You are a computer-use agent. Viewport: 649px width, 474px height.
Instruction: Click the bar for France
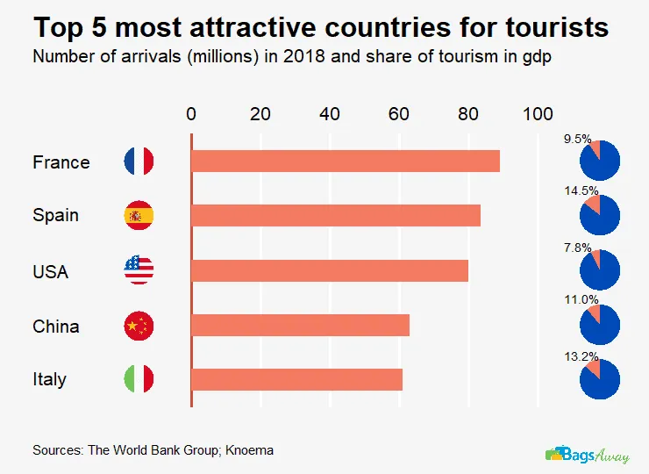pos(345,162)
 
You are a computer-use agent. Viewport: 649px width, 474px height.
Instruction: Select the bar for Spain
pos(335,215)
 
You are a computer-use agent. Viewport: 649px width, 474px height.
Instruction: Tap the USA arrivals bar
pos(329,270)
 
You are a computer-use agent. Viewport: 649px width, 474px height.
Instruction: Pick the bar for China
pos(300,326)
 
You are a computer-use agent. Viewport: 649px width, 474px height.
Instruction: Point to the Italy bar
pos(296,379)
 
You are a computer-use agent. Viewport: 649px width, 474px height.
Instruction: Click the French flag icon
pos(139,162)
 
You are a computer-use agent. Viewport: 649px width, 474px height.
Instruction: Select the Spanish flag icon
pos(139,215)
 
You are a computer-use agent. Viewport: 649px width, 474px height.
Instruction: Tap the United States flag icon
pos(139,270)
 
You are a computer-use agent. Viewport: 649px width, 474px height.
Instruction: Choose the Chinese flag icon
pos(139,326)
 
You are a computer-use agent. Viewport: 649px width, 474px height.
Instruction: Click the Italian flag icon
pos(139,379)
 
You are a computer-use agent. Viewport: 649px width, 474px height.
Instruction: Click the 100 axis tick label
pos(538,113)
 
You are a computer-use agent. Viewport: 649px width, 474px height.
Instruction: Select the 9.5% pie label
pos(577,138)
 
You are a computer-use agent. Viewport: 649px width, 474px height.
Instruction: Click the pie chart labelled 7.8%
pos(601,270)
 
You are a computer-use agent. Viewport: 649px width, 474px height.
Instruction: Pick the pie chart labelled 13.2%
pos(601,379)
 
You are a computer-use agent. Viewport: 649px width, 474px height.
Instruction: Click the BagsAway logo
pos(587,455)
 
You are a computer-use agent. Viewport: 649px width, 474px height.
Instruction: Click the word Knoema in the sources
pos(249,450)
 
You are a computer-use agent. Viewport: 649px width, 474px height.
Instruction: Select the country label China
pos(55,327)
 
